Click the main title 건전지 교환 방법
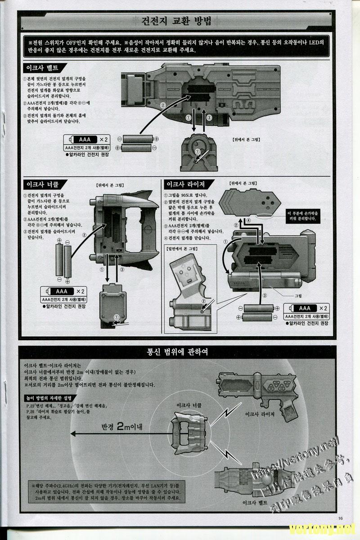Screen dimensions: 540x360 (x=180, y=21)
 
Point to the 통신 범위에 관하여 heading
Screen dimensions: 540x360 (x=180, y=351)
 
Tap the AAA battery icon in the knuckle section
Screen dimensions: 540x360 (x=62, y=292)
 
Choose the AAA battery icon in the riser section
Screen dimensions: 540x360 (x=305, y=308)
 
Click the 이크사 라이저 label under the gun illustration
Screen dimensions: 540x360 (x=260, y=413)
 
